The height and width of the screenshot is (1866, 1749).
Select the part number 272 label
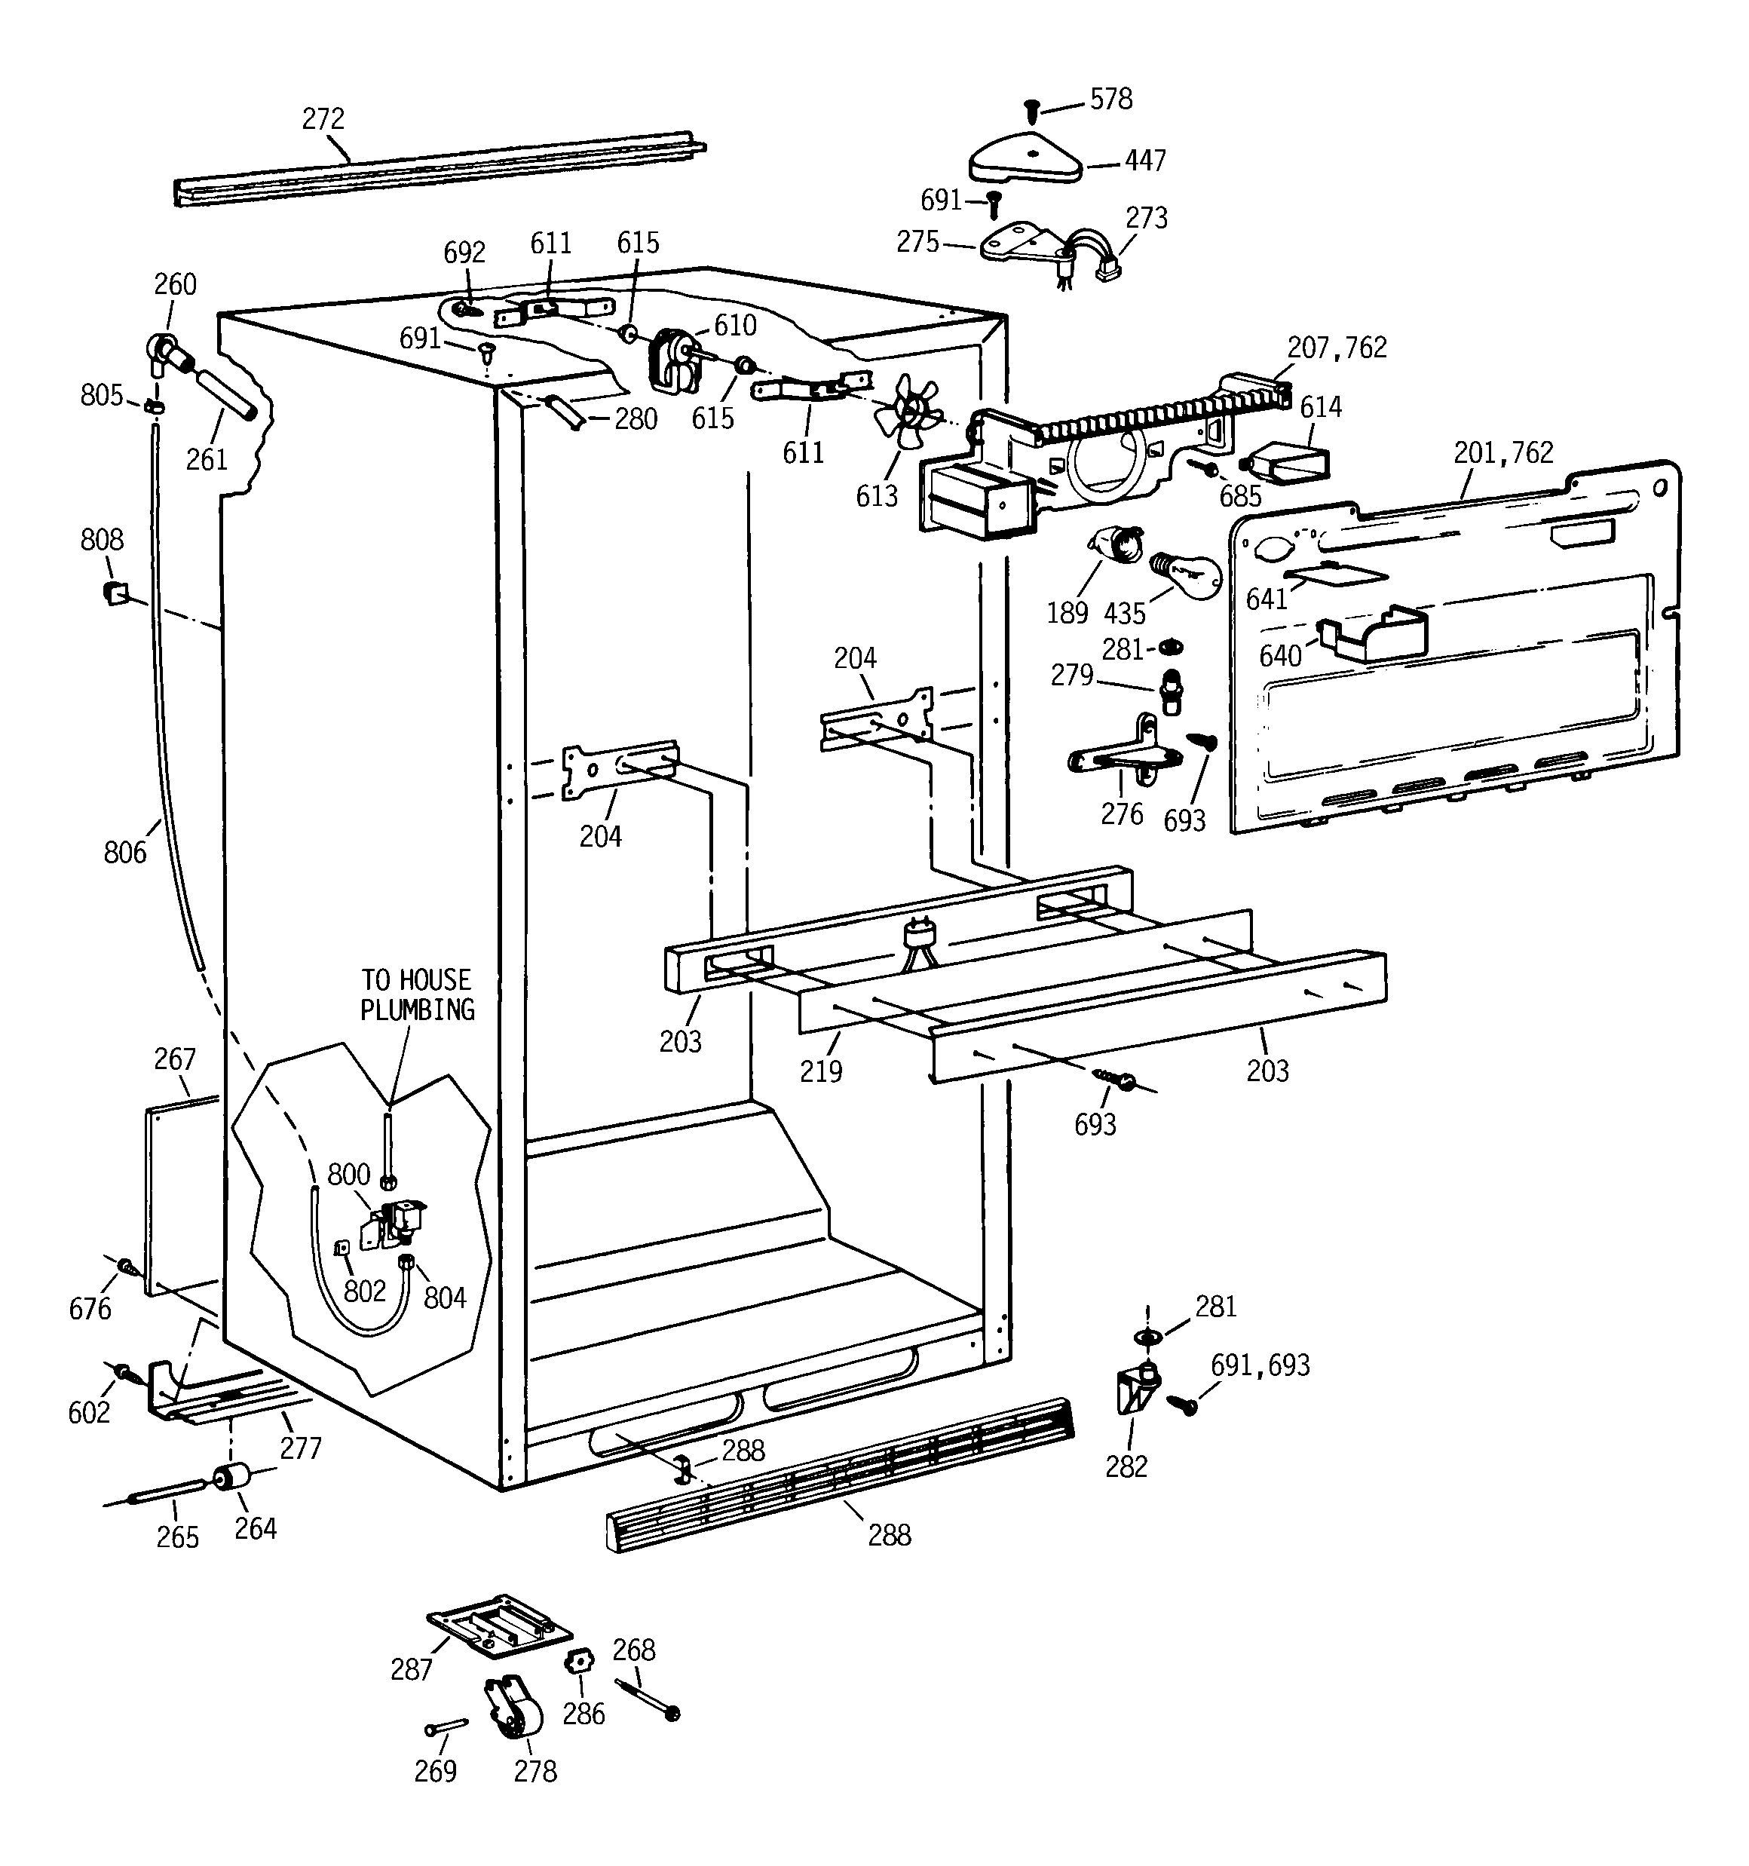point(323,119)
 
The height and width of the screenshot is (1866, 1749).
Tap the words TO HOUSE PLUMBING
point(418,995)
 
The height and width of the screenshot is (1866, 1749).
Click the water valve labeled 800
point(400,1223)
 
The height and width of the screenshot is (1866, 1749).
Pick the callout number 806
point(126,852)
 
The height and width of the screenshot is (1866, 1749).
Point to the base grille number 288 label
point(889,1536)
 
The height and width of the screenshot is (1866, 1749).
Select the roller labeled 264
point(229,1478)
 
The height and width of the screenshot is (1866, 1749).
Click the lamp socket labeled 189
point(1116,544)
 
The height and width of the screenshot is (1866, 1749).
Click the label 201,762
point(1503,452)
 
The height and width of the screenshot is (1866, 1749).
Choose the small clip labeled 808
point(114,593)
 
